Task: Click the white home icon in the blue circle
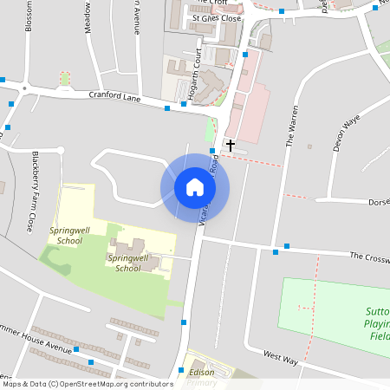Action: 195,186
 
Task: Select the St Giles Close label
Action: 216,16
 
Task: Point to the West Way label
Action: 281,356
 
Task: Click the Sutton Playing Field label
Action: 380,322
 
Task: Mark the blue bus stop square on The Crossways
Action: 276,252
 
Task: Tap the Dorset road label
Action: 379,202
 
